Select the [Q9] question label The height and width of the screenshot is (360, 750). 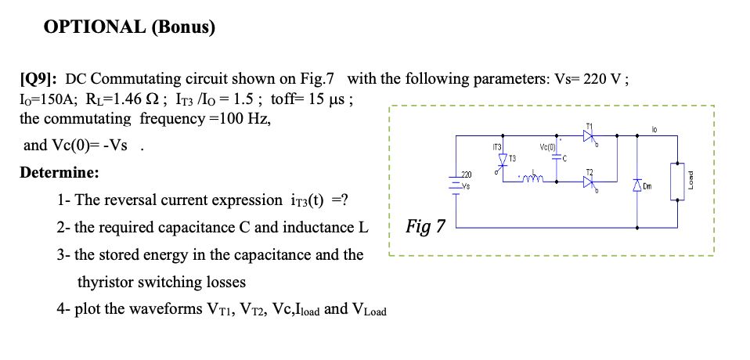tap(39, 79)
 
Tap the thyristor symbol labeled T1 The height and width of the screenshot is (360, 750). tap(590, 137)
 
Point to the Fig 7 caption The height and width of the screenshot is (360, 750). tap(426, 227)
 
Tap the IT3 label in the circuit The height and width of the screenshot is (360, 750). tap(497, 146)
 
